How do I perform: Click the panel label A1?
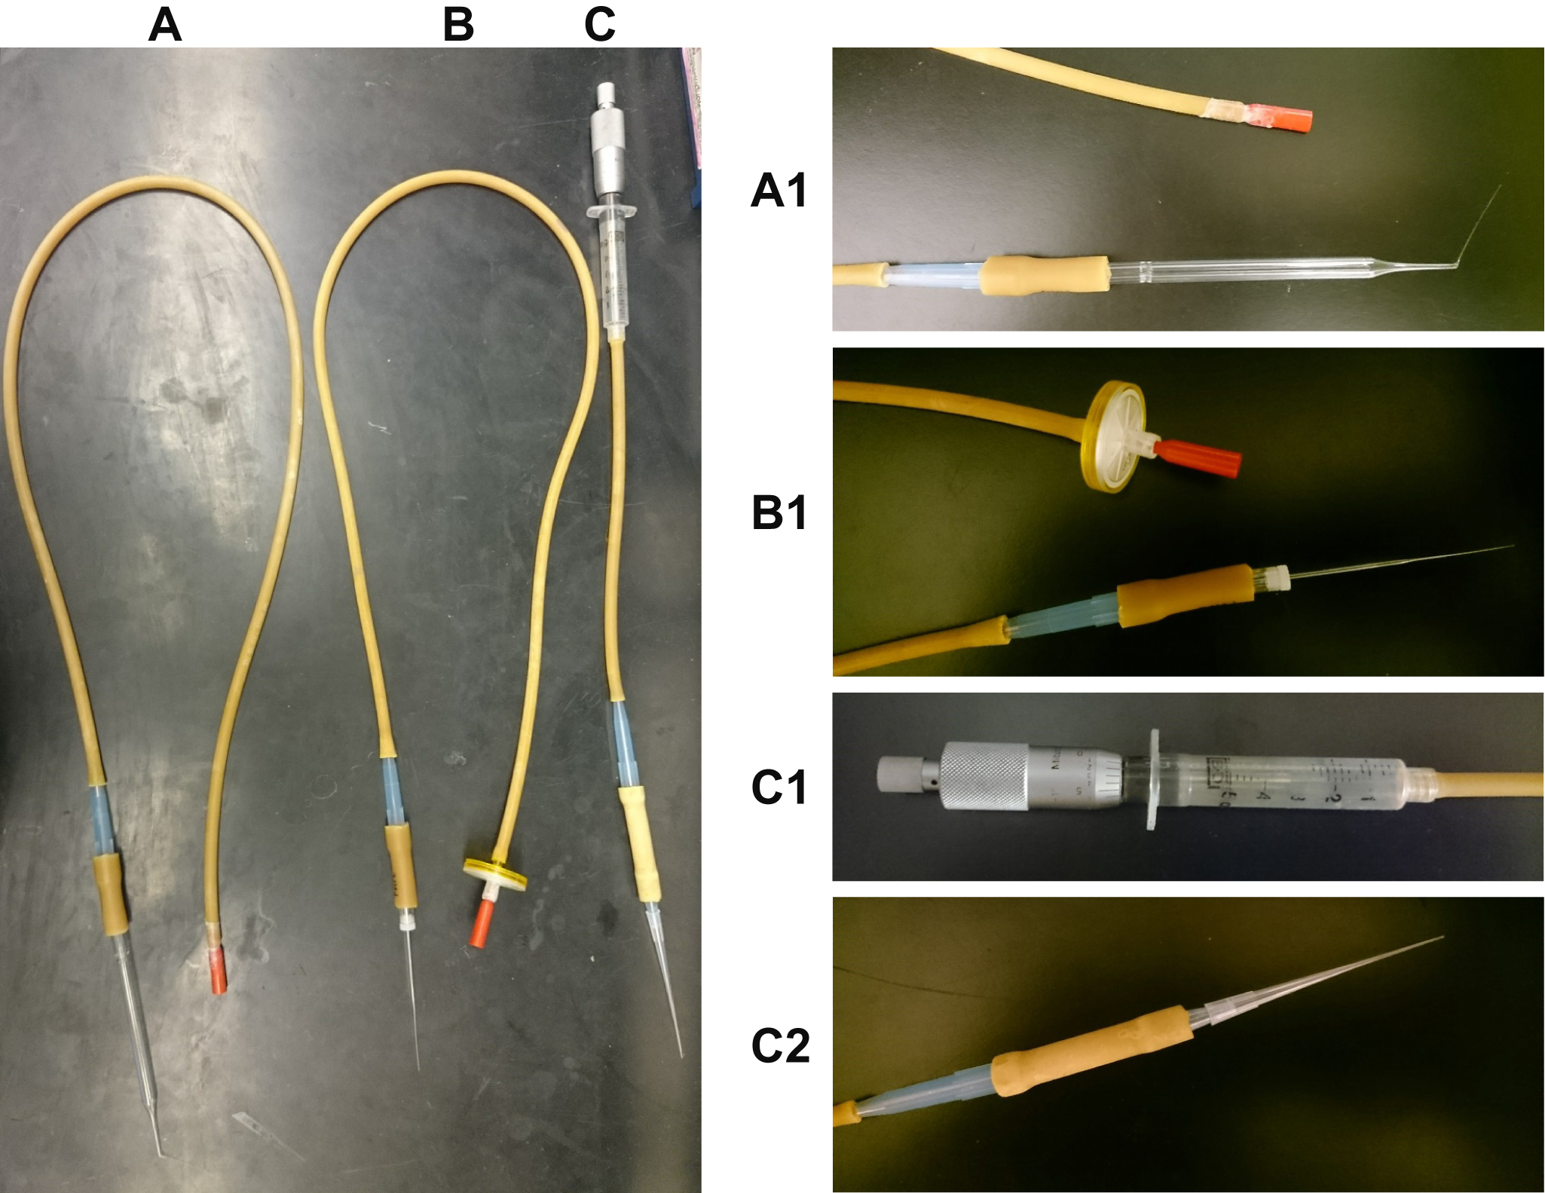(779, 190)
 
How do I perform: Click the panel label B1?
(779, 513)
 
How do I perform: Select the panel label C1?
(779, 788)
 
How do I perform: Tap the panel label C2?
(780, 1046)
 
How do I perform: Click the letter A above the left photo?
(165, 25)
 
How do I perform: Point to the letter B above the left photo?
(458, 25)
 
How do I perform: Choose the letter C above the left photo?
(600, 25)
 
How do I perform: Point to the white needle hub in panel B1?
(1278, 577)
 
